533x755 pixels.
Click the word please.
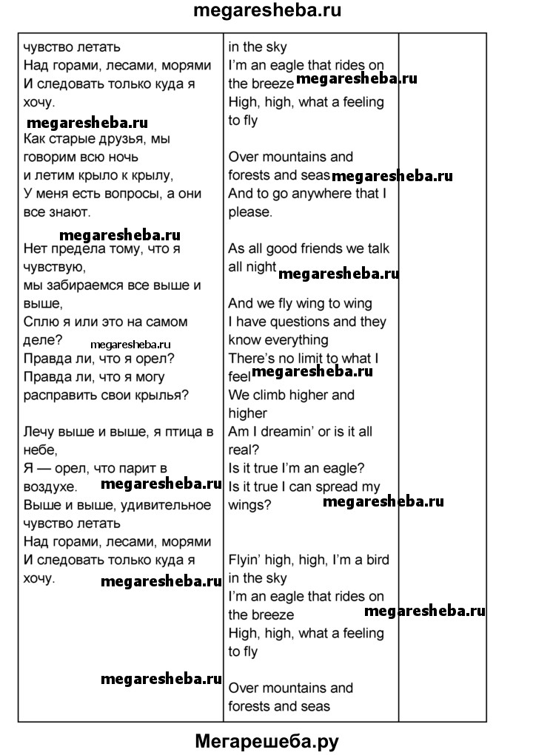(x=250, y=212)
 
